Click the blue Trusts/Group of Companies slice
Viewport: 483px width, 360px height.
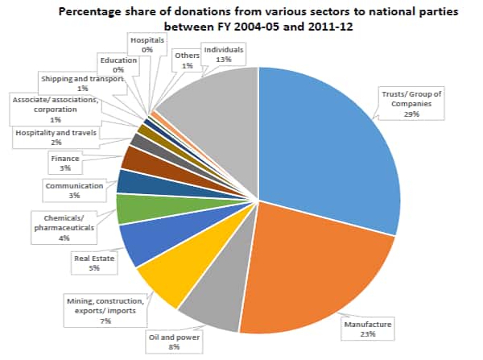(330, 145)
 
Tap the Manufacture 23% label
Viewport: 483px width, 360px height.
(369, 329)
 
